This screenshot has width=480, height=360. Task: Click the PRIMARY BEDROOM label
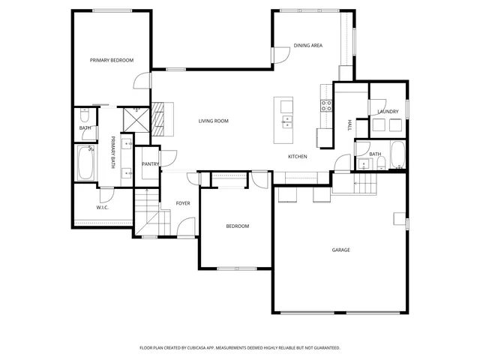(112, 60)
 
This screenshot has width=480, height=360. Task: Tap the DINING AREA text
(307, 46)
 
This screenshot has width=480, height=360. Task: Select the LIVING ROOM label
(213, 121)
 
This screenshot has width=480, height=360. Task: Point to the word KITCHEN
(298, 156)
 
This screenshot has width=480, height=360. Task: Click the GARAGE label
(341, 250)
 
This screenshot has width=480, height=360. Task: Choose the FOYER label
(182, 203)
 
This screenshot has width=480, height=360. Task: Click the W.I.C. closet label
(103, 208)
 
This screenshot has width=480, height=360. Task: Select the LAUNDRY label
(388, 112)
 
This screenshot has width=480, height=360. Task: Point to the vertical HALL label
(349, 126)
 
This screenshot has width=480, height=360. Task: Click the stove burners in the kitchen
(327, 106)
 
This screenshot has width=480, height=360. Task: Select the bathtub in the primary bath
(84, 163)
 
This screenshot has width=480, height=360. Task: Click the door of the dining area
(279, 55)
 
